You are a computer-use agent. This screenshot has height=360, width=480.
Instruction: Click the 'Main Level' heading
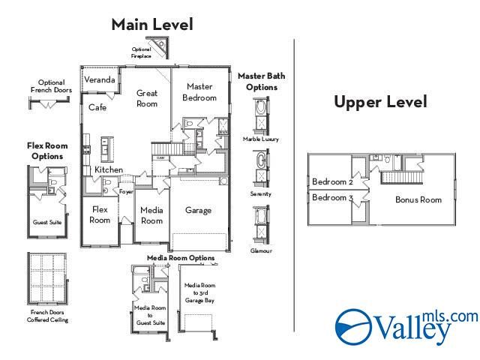tap(152, 24)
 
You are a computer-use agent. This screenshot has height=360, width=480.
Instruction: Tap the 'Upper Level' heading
tap(380, 102)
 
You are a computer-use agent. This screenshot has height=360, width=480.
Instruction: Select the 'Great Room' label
tap(147, 98)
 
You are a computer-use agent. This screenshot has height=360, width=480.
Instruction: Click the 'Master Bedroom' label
tap(200, 92)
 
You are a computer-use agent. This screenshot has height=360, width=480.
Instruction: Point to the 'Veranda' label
tap(100, 79)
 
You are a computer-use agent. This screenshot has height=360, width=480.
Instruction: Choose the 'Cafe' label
tap(97, 107)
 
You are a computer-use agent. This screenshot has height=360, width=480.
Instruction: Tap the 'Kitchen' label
tap(109, 170)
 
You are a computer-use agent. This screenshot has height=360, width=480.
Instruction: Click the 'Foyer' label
tap(126, 191)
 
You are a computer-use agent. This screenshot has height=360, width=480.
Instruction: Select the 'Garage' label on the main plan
tap(198, 210)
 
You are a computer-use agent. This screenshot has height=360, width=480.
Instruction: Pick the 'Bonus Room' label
tap(418, 199)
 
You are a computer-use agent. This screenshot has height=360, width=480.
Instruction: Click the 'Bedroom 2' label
tap(332, 182)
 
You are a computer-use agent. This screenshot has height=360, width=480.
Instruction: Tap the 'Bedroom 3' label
tap(332, 197)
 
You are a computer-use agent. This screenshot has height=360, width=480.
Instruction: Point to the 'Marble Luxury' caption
tap(261, 139)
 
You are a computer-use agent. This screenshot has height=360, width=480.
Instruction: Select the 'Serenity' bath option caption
tap(261, 193)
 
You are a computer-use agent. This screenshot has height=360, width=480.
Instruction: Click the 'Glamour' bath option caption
tap(261, 250)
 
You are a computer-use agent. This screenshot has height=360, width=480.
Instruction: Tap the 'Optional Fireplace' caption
tap(141, 52)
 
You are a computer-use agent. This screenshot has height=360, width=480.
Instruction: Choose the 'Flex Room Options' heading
tap(45, 151)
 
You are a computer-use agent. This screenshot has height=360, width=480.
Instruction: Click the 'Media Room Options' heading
tap(180, 258)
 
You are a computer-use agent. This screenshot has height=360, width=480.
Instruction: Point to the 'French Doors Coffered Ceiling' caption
tap(49, 316)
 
